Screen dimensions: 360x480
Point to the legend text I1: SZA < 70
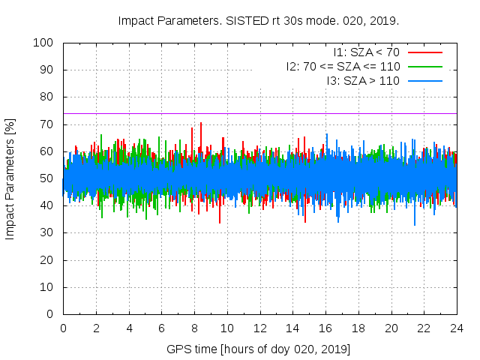tap(367, 52)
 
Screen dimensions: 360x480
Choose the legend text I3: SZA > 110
tap(363, 79)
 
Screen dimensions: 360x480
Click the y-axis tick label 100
tap(43, 43)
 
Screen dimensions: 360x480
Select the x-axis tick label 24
tap(457, 328)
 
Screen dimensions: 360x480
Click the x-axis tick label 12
tap(260, 328)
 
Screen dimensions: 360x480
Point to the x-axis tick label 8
tap(194, 328)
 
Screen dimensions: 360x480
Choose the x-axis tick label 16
tap(325, 328)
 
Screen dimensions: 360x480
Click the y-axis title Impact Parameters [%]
tap(10, 178)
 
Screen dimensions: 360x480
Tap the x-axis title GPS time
tap(190, 349)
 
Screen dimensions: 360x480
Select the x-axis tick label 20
tap(391, 328)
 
